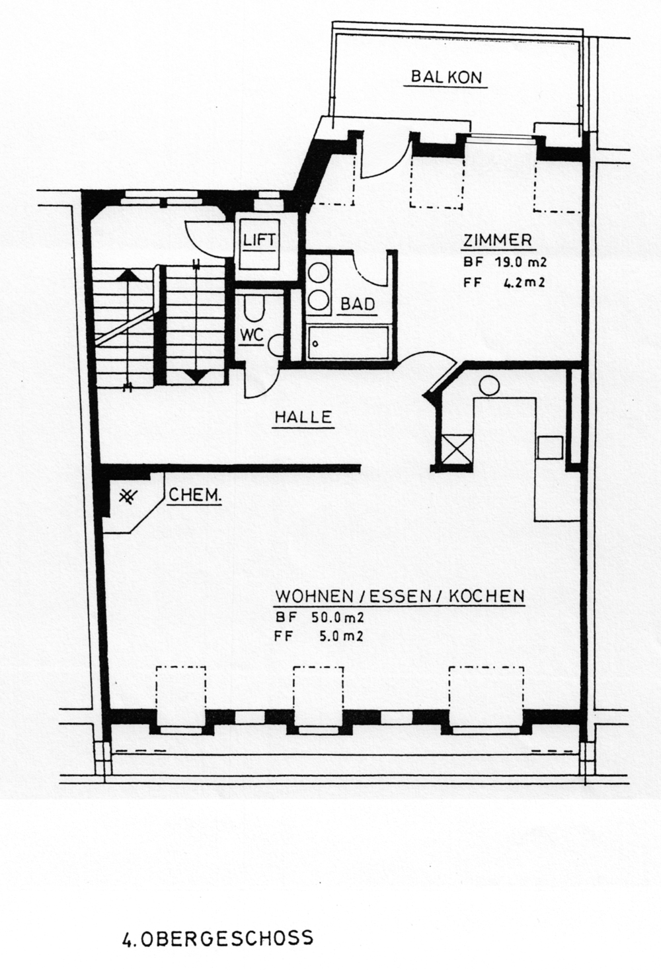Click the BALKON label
click(446, 77)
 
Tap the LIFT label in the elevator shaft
click(259, 239)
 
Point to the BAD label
click(357, 303)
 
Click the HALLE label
click(304, 417)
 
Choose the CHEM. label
click(194, 495)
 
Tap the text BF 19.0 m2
click(504, 262)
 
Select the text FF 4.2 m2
click(504, 283)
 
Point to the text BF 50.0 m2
click(319, 618)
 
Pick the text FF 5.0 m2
click(319, 636)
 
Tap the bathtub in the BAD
click(349, 342)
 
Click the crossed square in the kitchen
click(456, 448)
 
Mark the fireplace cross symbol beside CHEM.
click(128, 497)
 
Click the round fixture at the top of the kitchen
click(489, 385)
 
